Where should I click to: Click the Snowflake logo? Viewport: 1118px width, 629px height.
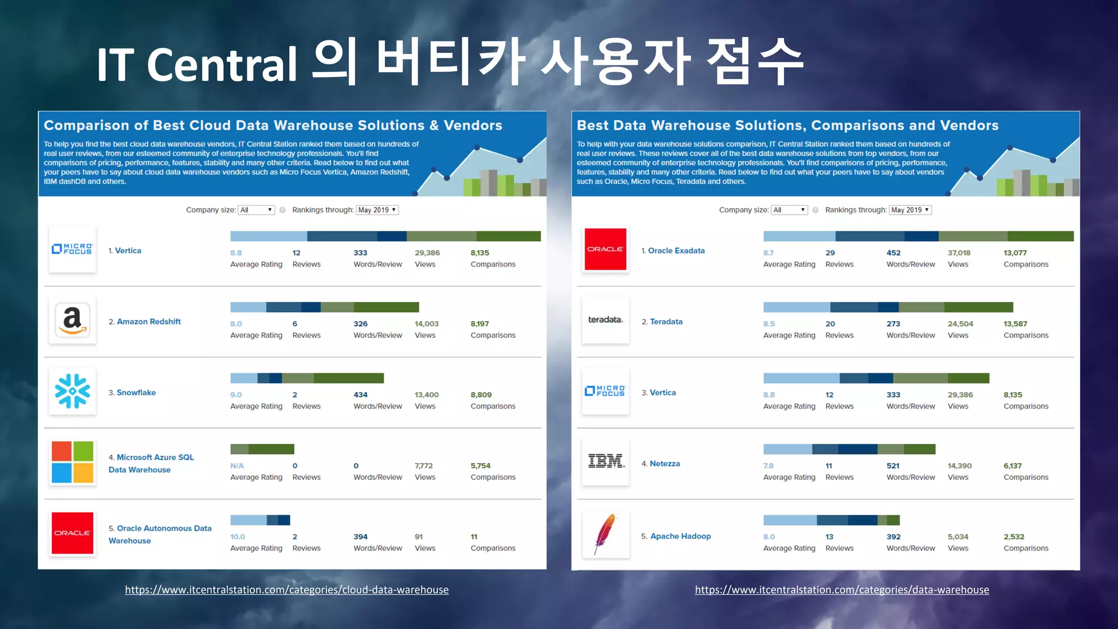click(x=72, y=391)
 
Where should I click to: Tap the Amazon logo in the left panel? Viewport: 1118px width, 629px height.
click(x=72, y=320)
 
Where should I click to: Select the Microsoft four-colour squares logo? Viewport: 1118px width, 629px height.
click(x=72, y=462)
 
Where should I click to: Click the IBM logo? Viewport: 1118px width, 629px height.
click(x=606, y=461)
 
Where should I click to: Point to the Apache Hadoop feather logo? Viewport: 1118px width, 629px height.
click(x=605, y=533)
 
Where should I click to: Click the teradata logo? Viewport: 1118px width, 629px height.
click(x=605, y=319)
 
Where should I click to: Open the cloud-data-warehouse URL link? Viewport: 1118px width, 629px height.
click(x=287, y=590)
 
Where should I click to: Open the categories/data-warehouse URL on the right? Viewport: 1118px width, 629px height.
click(x=842, y=590)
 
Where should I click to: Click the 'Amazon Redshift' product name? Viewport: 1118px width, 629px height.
click(x=148, y=322)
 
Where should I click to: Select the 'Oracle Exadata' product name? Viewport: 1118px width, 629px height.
click(x=676, y=251)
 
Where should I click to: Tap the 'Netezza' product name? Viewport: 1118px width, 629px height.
click(x=665, y=464)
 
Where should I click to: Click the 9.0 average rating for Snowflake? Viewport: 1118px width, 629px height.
click(x=236, y=395)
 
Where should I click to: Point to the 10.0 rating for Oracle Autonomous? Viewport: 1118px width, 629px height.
click(x=237, y=537)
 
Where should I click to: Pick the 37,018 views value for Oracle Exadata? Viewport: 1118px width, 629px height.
click(x=959, y=253)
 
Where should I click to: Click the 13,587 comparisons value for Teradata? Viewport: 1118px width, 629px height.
click(x=1015, y=324)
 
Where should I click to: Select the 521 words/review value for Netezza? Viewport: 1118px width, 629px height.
click(x=893, y=466)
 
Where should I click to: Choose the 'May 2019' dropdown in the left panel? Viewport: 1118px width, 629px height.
click(x=377, y=210)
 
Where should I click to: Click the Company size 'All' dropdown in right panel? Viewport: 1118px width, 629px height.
click(x=789, y=210)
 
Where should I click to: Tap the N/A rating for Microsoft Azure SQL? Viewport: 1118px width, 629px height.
click(x=237, y=466)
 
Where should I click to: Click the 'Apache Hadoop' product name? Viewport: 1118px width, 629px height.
click(x=681, y=536)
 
